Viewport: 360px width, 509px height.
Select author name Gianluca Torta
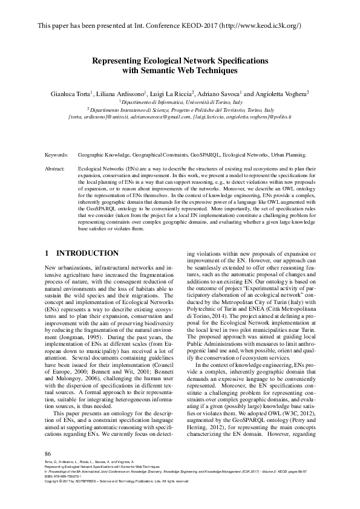69,94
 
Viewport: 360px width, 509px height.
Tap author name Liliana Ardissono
121,94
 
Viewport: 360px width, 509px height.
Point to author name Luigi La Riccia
172,94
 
